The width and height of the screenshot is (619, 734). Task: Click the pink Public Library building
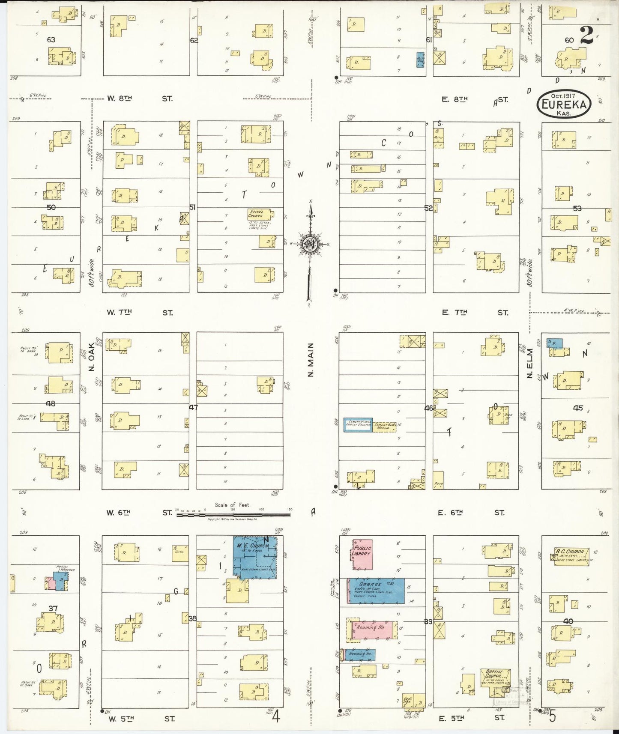tap(362, 554)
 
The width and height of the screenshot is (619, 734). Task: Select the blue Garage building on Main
tap(376, 591)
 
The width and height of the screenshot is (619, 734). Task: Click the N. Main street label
tap(311, 360)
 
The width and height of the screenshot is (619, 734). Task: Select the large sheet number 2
tap(586, 35)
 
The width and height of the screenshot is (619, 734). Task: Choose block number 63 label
tap(51, 40)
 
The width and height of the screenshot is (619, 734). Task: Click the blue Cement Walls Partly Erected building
tap(358, 424)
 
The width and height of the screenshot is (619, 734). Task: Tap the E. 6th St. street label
tap(471, 512)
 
